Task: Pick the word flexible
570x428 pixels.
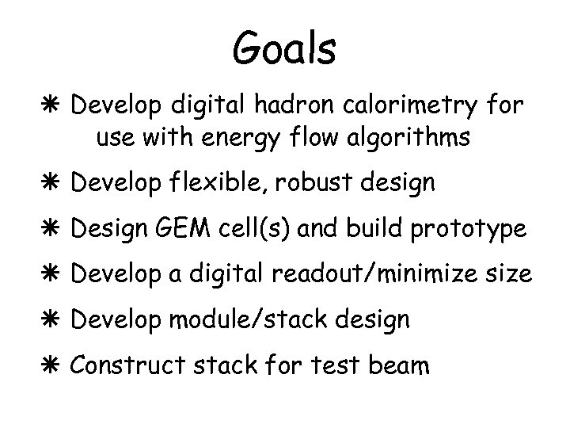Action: point(227,182)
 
